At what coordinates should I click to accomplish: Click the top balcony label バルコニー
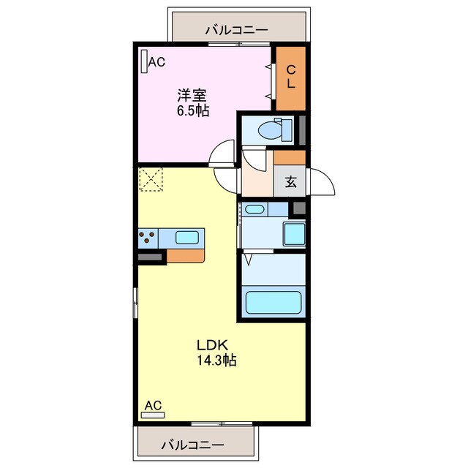tap(235, 30)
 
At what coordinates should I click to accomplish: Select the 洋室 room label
tap(192, 95)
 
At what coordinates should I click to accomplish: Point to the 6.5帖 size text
tap(192, 111)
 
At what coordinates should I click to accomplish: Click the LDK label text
tap(213, 344)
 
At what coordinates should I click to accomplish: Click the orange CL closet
tap(290, 78)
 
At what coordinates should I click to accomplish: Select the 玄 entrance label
tap(291, 182)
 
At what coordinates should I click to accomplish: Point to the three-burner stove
tap(147, 238)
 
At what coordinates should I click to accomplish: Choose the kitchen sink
tap(186, 238)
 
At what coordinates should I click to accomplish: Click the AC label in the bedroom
tap(156, 63)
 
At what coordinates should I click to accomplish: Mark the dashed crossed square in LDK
tap(151, 181)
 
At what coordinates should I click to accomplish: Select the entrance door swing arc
tap(322, 182)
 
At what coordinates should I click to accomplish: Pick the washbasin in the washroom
tap(254, 210)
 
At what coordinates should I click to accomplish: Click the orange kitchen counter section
tap(187, 256)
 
